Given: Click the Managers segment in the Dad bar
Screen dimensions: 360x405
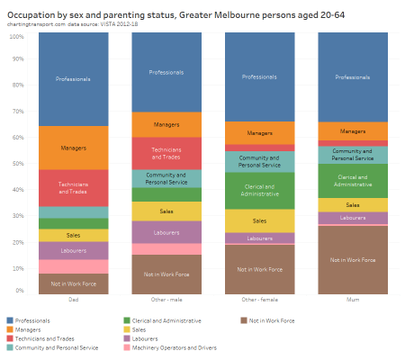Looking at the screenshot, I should [73, 147].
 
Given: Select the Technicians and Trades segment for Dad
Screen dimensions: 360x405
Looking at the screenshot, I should [73, 187].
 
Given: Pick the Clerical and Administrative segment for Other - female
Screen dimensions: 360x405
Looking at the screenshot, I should [259, 190].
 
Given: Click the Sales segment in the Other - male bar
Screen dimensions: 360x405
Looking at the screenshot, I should [166, 211].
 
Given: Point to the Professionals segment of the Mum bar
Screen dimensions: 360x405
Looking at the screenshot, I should [352, 77].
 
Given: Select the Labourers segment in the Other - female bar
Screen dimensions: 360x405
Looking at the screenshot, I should [259, 238].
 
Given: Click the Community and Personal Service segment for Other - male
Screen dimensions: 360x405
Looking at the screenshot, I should [166, 178].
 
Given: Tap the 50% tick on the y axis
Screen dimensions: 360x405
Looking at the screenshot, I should [17, 164].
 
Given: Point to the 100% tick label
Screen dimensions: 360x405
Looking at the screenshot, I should [15, 36].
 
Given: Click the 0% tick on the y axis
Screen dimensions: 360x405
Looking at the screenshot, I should [19, 292].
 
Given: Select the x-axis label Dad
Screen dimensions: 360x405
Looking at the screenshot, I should [73, 301].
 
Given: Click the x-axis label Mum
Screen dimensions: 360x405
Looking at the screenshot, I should [352, 301].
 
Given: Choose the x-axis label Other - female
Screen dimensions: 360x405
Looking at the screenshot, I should [259, 301].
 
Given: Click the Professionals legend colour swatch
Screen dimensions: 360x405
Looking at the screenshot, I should [10, 320].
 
